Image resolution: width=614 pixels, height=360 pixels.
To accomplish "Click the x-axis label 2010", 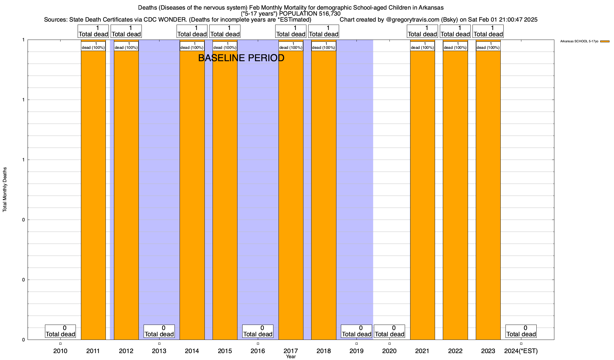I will pyautogui.click(x=60, y=351).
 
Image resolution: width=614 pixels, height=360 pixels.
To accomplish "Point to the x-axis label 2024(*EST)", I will pyautogui.click(x=521, y=351).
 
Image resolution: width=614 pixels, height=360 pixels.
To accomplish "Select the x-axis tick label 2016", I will pyautogui.click(x=258, y=351).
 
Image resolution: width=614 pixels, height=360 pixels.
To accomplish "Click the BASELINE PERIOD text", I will pyautogui.click(x=241, y=58).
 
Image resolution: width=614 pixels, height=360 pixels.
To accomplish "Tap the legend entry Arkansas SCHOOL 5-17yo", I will pyautogui.click(x=579, y=41).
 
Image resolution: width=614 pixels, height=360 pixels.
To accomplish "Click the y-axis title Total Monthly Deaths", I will pyautogui.click(x=5, y=190).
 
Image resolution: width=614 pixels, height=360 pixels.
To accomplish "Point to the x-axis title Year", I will pyautogui.click(x=291, y=357).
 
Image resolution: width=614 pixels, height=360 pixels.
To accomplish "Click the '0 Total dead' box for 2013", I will pyautogui.click(x=159, y=331).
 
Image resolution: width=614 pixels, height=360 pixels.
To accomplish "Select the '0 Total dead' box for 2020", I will pyautogui.click(x=389, y=331).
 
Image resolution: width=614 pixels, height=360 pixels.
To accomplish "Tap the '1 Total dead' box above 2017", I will pyautogui.click(x=291, y=31).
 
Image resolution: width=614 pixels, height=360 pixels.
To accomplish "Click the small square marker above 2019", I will pyautogui.click(x=356, y=343).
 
